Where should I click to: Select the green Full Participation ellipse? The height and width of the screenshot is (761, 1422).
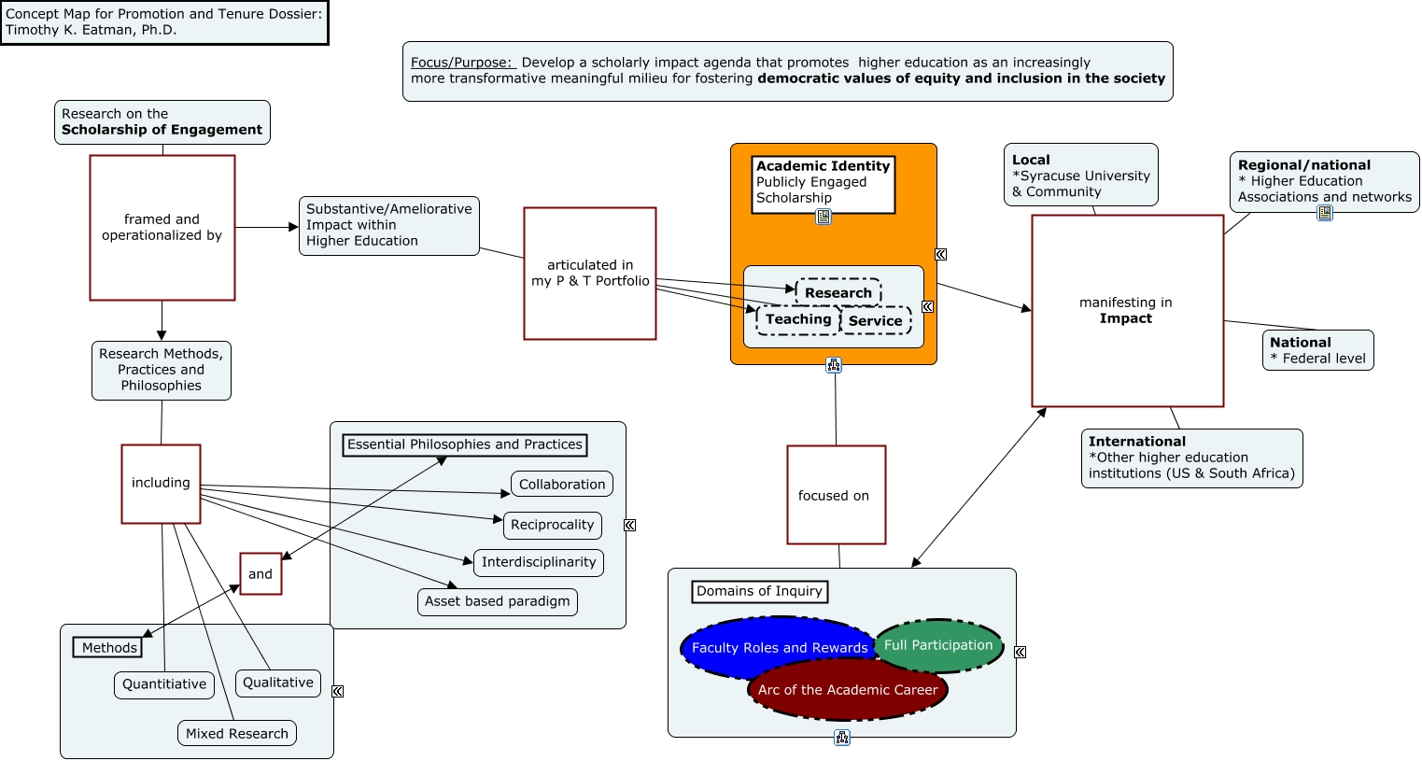[938, 645]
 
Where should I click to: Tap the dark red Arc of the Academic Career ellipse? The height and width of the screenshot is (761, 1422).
[848, 690]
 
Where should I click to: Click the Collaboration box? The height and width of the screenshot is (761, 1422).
[562, 485]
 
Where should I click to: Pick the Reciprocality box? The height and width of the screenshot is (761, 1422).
[552, 525]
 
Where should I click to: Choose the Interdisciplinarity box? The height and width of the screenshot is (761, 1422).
[539, 562]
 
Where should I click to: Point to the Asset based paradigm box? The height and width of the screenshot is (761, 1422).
[497, 601]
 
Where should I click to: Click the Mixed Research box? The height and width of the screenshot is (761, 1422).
[237, 733]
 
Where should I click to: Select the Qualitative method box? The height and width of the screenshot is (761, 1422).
[278, 683]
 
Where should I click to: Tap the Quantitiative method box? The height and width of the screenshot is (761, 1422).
[164, 684]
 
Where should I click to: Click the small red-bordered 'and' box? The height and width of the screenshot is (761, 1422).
[260, 574]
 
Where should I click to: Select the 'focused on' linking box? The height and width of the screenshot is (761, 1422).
[836, 495]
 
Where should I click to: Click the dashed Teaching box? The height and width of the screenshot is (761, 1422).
[798, 319]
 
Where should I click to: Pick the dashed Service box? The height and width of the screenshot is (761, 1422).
[876, 320]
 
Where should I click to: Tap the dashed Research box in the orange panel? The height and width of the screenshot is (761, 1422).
[838, 292]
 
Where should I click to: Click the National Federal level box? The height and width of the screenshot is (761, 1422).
[1317, 350]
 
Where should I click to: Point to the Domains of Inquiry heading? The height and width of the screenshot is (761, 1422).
[759, 591]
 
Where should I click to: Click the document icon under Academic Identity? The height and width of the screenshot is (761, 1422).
[824, 217]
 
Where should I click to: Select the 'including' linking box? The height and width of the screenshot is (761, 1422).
[161, 484]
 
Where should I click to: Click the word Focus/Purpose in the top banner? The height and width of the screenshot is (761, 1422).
[462, 63]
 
